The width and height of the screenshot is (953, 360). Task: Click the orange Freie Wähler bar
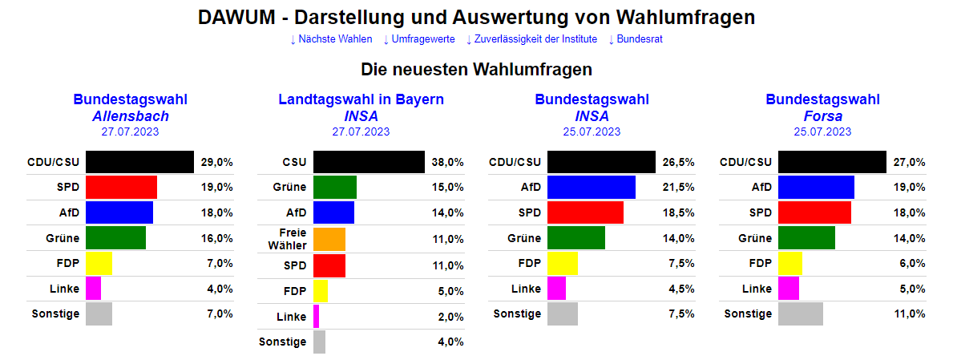[329, 239]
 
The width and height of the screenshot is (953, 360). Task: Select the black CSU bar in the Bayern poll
[369, 162]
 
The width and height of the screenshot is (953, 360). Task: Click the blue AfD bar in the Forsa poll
[816, 188]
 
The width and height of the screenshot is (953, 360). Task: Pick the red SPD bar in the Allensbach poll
[121, 188]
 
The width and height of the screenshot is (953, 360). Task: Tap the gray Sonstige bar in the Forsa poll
[801, 313]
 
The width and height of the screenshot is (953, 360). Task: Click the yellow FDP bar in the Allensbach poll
[99, 263]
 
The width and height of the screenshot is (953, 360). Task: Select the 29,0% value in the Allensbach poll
[217, 162]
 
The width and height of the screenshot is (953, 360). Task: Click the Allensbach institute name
[131, 116]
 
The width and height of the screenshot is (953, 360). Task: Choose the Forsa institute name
[822, 116]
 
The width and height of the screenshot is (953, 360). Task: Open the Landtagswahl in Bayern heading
[361, 99]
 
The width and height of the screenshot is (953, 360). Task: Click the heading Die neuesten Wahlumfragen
[476, 69]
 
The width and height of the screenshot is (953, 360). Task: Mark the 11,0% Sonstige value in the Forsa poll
[910, 313]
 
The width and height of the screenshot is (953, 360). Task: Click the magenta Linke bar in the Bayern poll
[317, 316]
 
